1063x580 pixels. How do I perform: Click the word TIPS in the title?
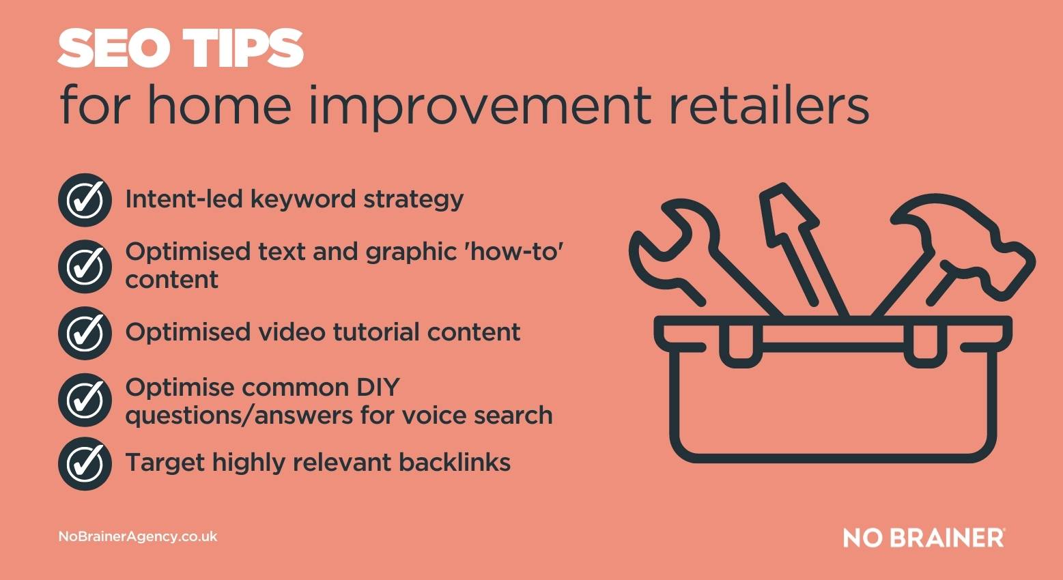click(x=245, y=49)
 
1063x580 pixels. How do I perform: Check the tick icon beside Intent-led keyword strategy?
click(x=85, y=200)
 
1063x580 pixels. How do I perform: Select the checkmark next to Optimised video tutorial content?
click(x=85, y=333)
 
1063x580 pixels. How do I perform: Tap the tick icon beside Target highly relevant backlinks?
click(x=85, y=463)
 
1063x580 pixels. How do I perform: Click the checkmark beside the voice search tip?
click(x=85, y=400)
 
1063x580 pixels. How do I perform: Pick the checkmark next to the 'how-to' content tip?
click(x=85, y=266)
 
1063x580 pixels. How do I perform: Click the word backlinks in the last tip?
click(x=455, y=463)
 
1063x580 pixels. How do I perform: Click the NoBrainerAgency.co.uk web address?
click(x=138, y=537)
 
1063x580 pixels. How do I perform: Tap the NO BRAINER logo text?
click(x=923, y=538)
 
